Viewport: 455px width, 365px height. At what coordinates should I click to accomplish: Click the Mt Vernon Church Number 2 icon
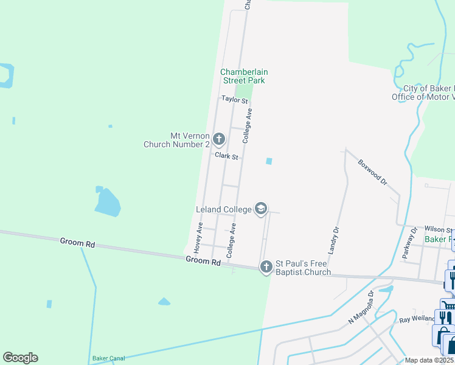tap(220, 140)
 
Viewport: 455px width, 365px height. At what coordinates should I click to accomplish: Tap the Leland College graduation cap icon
tap(261, 209)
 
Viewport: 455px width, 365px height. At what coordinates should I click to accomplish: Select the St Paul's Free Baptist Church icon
tap(266, 267)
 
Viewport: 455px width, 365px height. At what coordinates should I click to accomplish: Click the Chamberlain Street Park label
tap(243, 76)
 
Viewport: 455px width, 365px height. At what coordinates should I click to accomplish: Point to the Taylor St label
tap(235, 99)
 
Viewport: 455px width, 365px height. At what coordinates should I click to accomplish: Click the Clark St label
tap(226, 156)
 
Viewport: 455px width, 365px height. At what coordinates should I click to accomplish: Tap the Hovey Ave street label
tap(198, 238)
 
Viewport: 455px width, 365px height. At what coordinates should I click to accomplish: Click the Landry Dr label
tap(333, 240)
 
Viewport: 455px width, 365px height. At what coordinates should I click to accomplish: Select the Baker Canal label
tap(108, 359)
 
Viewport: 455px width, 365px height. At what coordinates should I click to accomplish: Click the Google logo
tap(20, 358)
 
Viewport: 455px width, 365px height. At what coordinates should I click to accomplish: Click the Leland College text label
tap(224, 210)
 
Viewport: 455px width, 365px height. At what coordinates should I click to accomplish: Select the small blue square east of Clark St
tap(269, 161)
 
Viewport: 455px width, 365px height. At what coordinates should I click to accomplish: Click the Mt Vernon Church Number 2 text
tap(176, 141)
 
